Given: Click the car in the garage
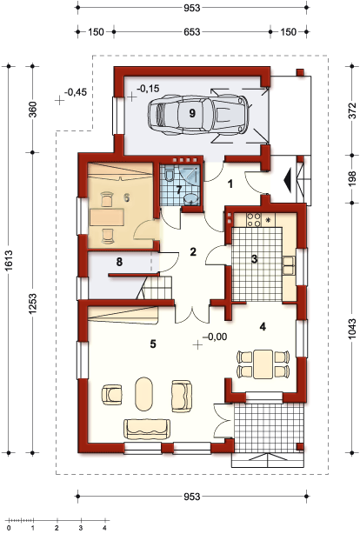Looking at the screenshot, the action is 197,114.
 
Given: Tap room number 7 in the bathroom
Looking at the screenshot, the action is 179,189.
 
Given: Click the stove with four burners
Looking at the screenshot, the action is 254,220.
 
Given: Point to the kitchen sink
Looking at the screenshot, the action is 289,265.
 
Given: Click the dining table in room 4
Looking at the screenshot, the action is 263,364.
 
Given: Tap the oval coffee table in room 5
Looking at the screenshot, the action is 144,394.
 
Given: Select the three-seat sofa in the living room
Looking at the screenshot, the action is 147,429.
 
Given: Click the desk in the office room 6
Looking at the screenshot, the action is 107,217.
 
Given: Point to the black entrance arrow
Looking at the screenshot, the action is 288,180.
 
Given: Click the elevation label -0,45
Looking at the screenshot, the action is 76,92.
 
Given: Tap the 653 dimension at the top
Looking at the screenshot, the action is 192,32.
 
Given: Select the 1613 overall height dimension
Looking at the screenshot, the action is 9,260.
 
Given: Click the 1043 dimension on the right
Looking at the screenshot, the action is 352,329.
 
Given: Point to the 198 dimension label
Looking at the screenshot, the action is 352,179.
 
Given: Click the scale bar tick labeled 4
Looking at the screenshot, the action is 104,528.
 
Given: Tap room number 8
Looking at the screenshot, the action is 119,262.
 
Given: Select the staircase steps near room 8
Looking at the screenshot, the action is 156,288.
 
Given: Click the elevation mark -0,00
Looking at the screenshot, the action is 215,337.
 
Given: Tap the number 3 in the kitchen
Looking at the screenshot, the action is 254,259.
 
